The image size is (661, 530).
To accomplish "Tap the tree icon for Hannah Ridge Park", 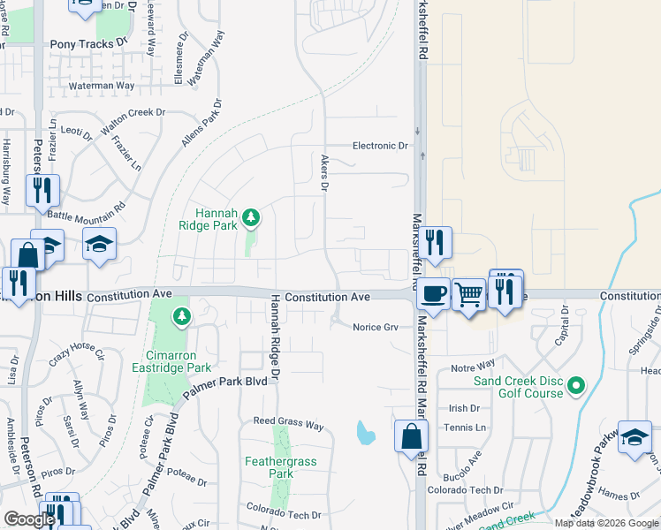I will [x=252, y=216].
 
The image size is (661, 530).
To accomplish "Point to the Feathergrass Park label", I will [x=280, y=467].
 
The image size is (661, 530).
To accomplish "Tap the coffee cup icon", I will [x=433, y=293].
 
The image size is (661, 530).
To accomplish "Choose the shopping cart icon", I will [x=468, y=294].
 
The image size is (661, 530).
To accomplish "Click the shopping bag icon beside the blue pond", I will [x=411, y=436].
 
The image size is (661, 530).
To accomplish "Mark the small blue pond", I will [x=363, y=433].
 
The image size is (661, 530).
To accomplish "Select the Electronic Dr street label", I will [x=380, y=146].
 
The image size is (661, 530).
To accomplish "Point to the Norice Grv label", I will [x=375, y=327].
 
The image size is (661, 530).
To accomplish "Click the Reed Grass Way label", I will [x=288, y=422].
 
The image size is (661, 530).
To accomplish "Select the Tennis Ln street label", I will [x=467, y=428].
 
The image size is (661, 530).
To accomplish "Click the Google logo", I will [x=30, y=519].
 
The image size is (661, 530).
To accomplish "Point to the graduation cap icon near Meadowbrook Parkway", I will [x=634, y=438].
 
